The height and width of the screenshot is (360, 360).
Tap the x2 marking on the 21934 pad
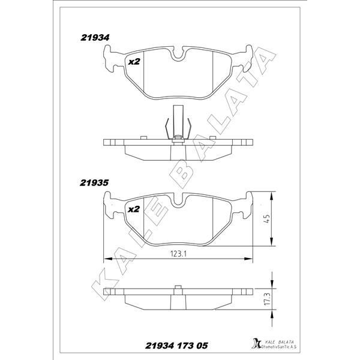tap(134, 62)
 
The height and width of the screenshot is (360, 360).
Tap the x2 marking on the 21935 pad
tap(134, 209)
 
